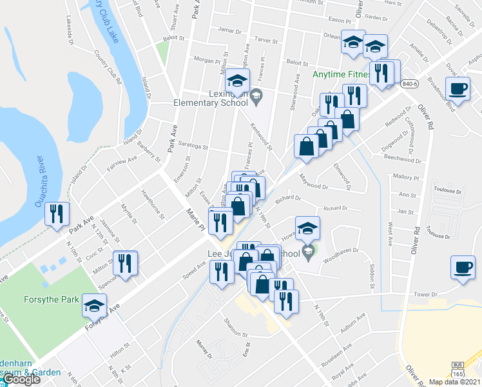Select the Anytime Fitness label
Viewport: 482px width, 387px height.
tap(342, 74)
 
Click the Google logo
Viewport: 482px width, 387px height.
tap(23, 379)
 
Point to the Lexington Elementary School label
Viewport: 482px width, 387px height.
tap(211, 97)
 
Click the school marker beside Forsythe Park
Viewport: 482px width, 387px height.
tap(95, 306)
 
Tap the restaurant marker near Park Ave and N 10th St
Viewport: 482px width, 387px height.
tap(57, 214)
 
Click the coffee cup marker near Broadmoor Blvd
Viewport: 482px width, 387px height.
tap(458, 90)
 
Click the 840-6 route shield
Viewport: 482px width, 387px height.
tap(409, 84)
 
